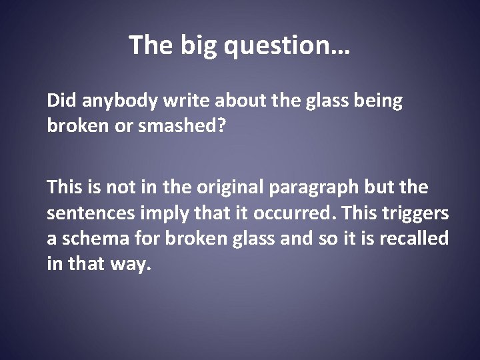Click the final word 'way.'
click(x=129, y=264)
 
